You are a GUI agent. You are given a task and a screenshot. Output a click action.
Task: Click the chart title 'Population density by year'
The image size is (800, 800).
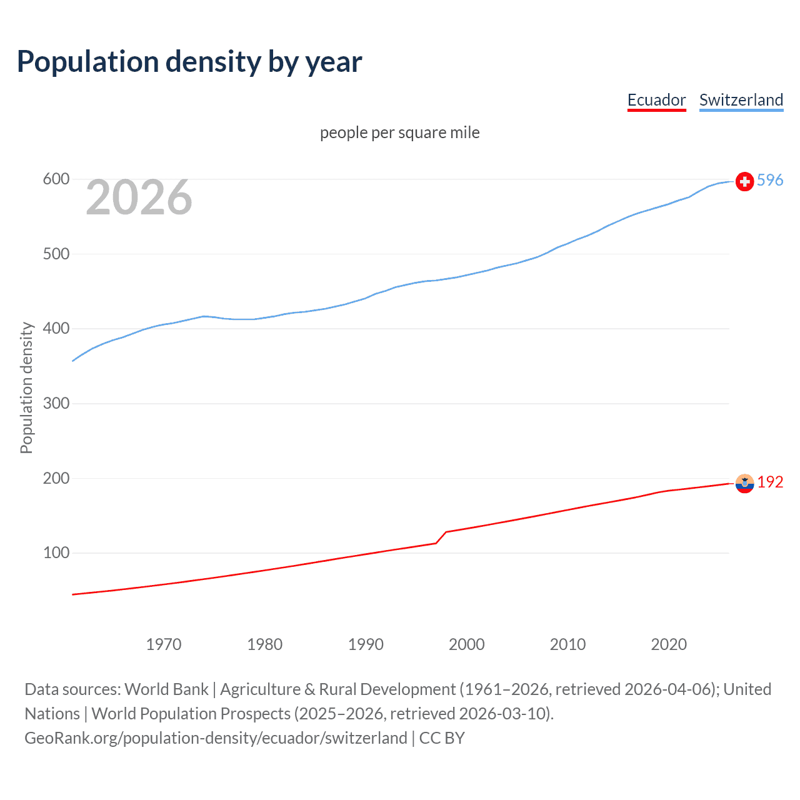189,62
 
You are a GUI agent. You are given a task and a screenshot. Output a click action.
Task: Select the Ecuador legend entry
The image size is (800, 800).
656,100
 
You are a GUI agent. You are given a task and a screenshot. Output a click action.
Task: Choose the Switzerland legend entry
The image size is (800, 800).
741,100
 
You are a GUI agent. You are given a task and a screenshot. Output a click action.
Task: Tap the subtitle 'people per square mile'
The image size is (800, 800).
400,132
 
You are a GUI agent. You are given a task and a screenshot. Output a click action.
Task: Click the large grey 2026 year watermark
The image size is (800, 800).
139,197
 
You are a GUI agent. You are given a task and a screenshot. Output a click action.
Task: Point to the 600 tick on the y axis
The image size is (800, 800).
56,179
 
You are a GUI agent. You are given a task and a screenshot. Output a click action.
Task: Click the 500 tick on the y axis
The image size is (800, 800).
56,254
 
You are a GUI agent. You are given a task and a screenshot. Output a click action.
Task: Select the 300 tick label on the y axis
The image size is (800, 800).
56,403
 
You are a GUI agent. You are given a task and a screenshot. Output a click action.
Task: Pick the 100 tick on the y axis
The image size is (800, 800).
56,552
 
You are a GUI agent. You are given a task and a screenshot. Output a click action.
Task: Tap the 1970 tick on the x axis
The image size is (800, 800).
164,644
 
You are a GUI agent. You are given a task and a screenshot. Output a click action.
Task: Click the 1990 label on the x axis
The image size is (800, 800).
366,644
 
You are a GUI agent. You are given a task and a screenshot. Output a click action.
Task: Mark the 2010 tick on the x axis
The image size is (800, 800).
567,644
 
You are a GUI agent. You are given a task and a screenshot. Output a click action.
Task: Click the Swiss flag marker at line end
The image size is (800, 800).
744,181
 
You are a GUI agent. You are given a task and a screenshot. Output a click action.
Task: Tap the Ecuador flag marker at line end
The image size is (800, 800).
744,483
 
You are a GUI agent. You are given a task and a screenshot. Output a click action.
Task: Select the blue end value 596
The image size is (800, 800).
770,180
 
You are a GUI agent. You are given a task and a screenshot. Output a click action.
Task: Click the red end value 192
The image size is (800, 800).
770,482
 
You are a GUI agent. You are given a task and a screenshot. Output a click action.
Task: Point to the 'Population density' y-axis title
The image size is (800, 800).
26,387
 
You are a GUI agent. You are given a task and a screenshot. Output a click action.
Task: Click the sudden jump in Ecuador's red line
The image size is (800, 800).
441,537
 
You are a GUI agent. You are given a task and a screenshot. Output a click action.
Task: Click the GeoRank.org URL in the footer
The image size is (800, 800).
216,737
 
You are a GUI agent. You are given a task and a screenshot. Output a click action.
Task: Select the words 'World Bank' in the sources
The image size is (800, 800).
166,689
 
